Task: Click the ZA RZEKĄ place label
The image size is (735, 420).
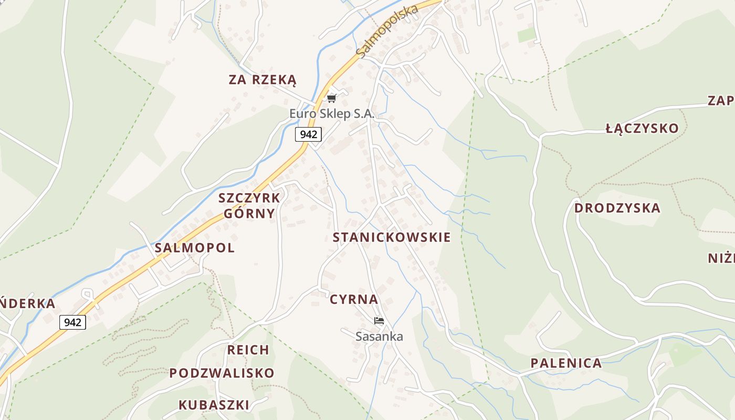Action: [262, 80]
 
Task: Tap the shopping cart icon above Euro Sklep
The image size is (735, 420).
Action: [331, 98]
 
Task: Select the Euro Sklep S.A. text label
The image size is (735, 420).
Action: [332, 113]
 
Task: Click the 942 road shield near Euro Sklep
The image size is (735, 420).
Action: [308, 134]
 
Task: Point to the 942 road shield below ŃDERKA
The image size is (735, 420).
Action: [72, 322]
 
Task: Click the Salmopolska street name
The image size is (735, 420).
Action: [386, 31]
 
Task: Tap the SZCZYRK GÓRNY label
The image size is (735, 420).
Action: [249, 205]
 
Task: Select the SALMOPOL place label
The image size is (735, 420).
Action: [195, 248]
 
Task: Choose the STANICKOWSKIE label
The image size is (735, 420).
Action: [392, 237]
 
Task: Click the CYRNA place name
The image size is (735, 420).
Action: [354, 299]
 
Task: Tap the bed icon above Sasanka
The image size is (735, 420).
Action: [379, 320]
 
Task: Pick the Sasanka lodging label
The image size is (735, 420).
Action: [379, 336]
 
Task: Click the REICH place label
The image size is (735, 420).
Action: [248, 350]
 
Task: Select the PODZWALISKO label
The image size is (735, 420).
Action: [222, 373]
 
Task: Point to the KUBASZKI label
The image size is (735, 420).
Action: [214, 405]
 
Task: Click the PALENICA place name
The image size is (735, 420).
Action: [566, 363]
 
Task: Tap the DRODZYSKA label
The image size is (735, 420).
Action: [617, 208]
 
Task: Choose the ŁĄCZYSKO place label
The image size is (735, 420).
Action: [642, 128]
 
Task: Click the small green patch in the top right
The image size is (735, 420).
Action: [527, 35]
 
